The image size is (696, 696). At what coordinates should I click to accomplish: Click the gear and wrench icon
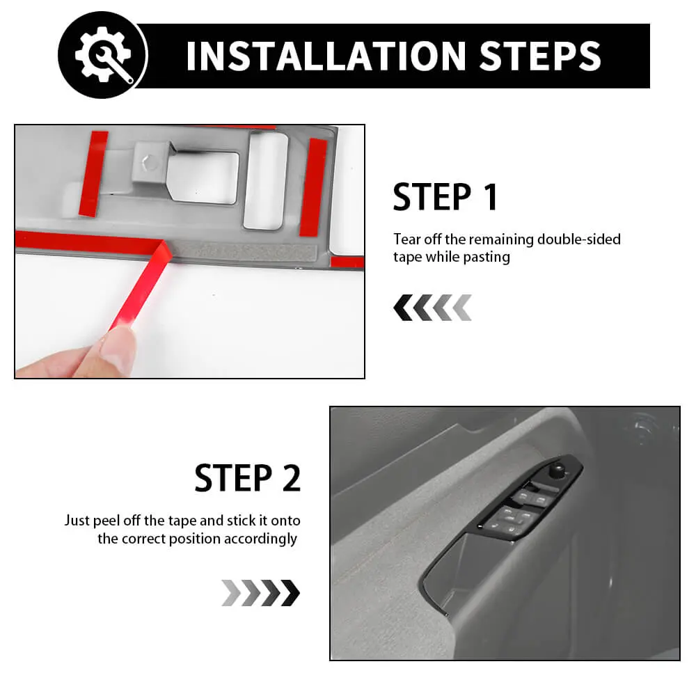(103, 54)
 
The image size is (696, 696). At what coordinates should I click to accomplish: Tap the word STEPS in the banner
(540, 56)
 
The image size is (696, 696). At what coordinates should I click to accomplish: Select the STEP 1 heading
(445, 197)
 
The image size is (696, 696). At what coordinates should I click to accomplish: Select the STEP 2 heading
(248, 478)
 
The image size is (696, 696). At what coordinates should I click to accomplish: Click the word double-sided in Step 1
(578, 239)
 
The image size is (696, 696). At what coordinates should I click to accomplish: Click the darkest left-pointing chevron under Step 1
(402, 307)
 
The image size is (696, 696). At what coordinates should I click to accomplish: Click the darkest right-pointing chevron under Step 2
(291, 592)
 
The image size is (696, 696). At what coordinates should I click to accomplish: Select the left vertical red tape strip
(93, 173)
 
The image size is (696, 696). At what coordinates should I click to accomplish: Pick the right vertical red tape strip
(313, 187)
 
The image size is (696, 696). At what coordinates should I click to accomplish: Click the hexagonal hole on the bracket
(150, 162)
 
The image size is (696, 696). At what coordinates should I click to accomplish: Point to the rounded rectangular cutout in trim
(265, 181)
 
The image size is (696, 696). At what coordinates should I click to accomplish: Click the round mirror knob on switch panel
(557, 470)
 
